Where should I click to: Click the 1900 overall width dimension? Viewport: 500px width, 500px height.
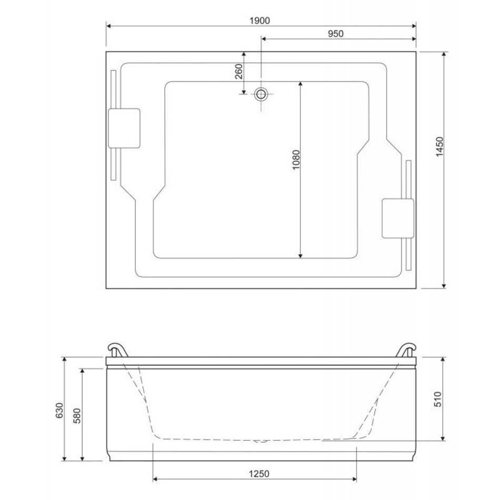(x=259, y=21)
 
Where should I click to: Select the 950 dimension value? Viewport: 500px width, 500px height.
(x=336, y=34)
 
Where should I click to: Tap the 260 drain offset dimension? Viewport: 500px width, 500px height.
(x=239, y=72)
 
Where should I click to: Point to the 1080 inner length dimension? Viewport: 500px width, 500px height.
(x=296, y=159)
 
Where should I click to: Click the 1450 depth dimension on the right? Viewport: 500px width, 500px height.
(x=439, y=147)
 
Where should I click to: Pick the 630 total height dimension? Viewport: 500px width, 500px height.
(x=59, y=411)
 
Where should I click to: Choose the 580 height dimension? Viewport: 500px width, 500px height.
(x=77, y=415)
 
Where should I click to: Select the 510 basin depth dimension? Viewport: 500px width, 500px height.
(x=438, y=399)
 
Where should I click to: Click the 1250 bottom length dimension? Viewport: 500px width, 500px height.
(x=259, y=474)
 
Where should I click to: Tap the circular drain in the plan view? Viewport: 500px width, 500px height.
(x=261, y=94)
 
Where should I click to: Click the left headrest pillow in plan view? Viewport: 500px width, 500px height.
(x=124, y=128)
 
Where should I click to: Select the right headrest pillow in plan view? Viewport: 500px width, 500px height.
(x=398, y=218)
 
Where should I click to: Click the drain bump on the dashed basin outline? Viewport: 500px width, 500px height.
(x=261, y=442)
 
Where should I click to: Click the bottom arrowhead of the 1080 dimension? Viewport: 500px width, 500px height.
(x=301, y=256)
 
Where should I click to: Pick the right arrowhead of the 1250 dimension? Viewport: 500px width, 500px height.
(x=354, y=479)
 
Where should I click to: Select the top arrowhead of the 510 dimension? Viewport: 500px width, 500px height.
(x=443, y=359)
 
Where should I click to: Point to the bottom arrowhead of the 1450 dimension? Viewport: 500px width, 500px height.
(x=444, y=286)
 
